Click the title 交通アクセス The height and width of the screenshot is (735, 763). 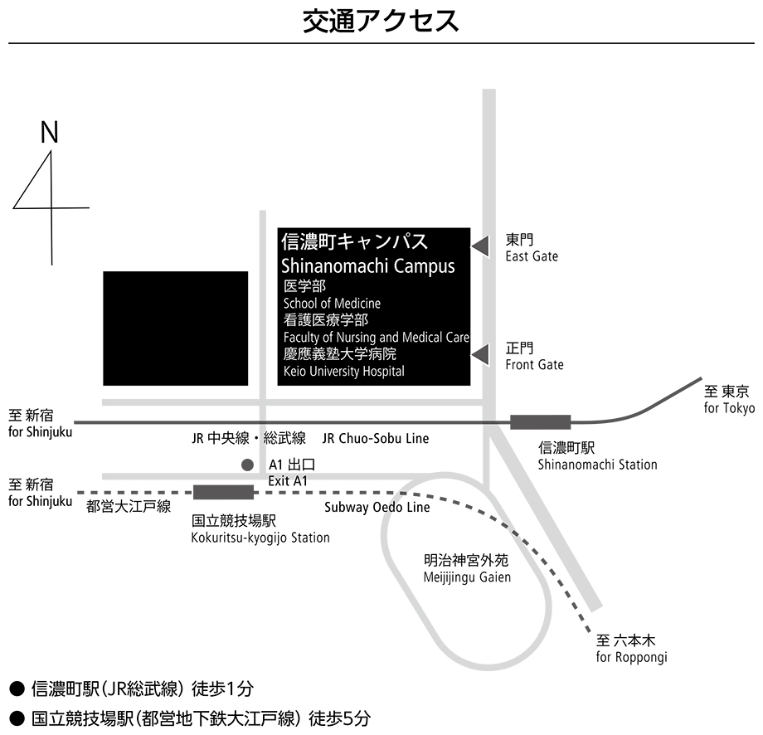click(381, 22)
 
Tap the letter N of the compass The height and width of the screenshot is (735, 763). click(49, 132)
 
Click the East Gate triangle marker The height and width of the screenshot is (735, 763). click(480, 246)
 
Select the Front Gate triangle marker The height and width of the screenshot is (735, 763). click(480, 354)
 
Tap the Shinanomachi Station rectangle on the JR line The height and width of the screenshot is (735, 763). click(540, 422)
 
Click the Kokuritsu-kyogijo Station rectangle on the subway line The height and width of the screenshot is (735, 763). click(223, 492)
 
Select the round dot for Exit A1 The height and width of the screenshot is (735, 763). click(247, 465)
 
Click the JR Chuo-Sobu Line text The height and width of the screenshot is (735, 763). click(376, 439)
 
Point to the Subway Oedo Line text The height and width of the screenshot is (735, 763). click(377, 507)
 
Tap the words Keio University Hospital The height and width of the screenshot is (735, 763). click(343, 372)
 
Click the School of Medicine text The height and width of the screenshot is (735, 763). click(332, 304)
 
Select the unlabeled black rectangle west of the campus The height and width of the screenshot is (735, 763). click(175, 329)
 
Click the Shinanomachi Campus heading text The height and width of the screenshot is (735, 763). click(368, 265)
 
